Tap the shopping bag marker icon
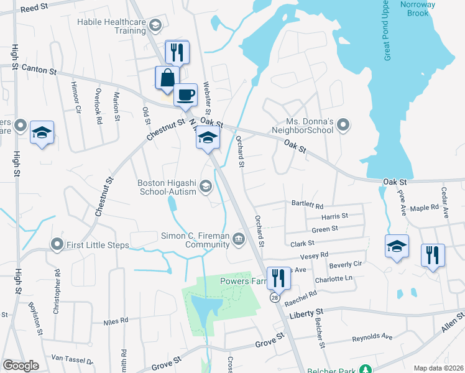[167, 78]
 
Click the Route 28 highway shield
[274, 298]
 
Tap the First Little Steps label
[98, 245]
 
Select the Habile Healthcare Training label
[112, 25]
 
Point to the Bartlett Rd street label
[308, 205]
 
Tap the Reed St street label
[34, 8]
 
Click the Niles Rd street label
[115, 321]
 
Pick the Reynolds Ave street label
[372, 338]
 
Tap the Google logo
[21, 366]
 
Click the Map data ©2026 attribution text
[438, 368]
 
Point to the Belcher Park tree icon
[367, 370]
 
